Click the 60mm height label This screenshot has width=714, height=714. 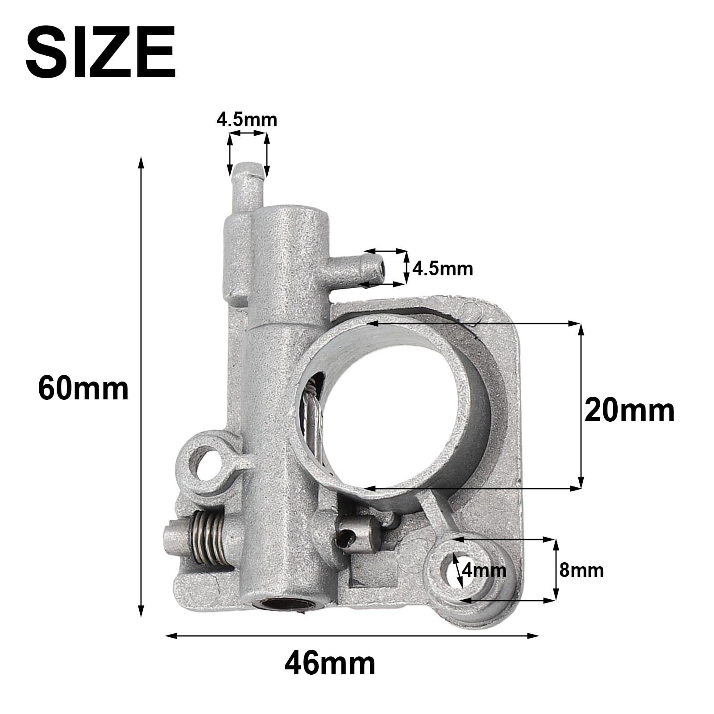click(x=83, y=388)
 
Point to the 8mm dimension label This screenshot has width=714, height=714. click(x=581, y=570)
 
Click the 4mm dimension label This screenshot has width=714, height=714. click(x=484, y=570)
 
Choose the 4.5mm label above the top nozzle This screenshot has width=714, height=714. click(x=247, y=120)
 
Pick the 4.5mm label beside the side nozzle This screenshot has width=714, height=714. click(x=442, y=269)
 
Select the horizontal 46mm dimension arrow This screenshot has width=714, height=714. click(x=352, y=635)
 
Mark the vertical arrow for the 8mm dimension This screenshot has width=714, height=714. click(x=556, y=570)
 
